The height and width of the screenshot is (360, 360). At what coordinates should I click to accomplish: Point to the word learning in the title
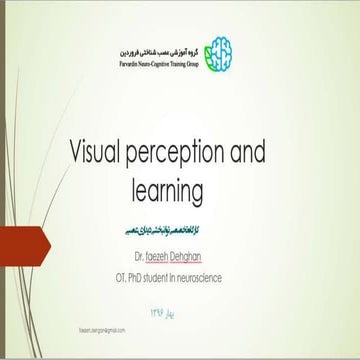point(180,188)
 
